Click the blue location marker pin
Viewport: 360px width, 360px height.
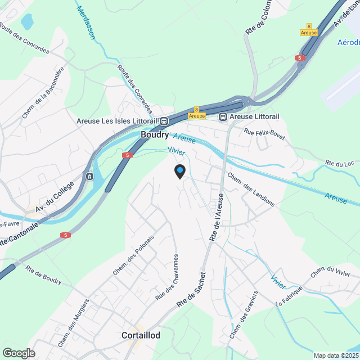pyautogui.click(x=179, y=171)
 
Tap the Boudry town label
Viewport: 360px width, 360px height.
pyautogui.click(x=154, y=135)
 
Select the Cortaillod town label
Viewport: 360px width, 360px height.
pyautogui.click(x=141, y=335)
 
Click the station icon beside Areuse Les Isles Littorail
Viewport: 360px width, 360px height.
pyautogui.click(x=164, y=120)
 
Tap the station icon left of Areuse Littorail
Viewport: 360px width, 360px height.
pyautogui.click(x=223, y=116)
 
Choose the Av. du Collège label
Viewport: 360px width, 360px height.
pyautogui.click(x=55, y=197)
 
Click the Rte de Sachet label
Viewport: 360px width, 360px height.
pyautogui.click(x=192, y=290)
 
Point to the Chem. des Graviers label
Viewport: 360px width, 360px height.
pyautogui.click(x=243, y=314)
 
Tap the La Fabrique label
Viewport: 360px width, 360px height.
pyautogui.click(x=289, y=296)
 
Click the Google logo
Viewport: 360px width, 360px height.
pyautogui.click(x=19, y=353)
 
